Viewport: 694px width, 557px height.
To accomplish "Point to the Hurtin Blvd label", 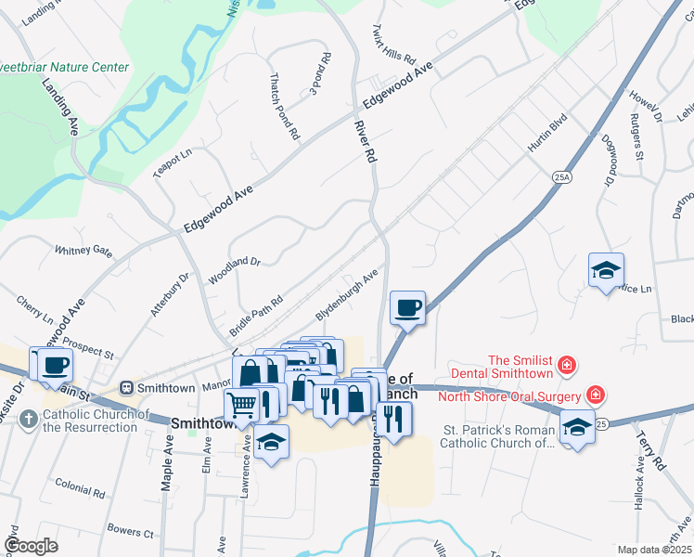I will click(x=547, y=135).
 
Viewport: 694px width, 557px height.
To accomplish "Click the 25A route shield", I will click(x=560, y=175).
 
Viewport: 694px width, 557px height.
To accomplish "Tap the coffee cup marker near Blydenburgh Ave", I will click(x=407, y=307).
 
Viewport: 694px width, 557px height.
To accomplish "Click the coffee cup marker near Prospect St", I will click(x=55, y=363).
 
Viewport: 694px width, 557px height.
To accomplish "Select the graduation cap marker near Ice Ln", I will click(x=606, y=270).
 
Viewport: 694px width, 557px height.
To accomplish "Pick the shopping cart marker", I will click(x=242, y=405).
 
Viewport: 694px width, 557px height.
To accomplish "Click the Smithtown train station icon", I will click(x=128, y=387).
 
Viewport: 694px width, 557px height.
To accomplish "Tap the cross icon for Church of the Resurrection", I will click(x=28, y=420).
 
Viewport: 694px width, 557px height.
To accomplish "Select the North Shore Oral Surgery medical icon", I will click(x=595, y=395).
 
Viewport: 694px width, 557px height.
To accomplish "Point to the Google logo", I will click(x=31, y=546).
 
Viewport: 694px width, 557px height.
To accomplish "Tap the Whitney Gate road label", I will click(x=84, y=251).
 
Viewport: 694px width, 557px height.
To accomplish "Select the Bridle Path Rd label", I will click(x=255, y=309).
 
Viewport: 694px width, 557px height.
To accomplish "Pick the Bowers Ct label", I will click(x=130, y=533).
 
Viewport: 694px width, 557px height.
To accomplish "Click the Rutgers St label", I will click(x=637, y=136).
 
